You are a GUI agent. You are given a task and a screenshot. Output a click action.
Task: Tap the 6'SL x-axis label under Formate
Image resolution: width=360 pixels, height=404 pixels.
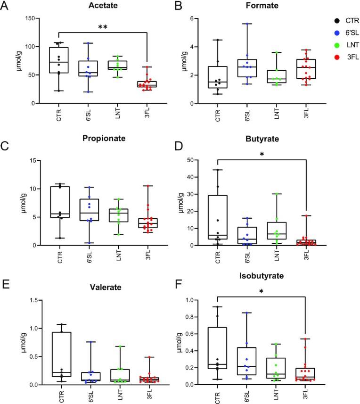pos(246,116)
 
